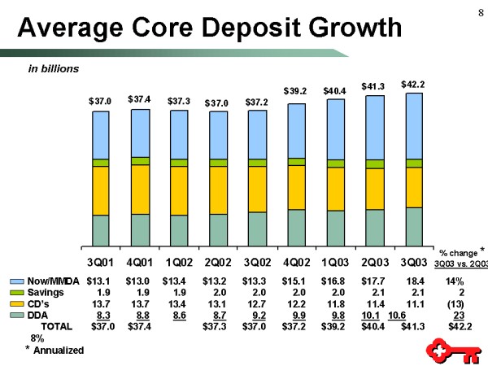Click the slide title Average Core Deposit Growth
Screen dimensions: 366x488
(210, 28)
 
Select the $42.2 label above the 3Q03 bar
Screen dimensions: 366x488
(413, 83)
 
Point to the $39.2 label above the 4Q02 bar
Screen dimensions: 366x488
(296, 90)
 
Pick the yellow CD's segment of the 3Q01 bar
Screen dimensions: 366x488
(101, 190)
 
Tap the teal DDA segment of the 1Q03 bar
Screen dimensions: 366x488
(335, 228)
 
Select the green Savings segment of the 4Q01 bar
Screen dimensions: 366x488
(140, 161)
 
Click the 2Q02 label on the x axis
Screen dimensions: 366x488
(218, 263)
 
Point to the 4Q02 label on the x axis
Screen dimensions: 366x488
(296, 263)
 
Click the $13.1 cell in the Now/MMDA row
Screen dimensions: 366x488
(98, 281)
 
